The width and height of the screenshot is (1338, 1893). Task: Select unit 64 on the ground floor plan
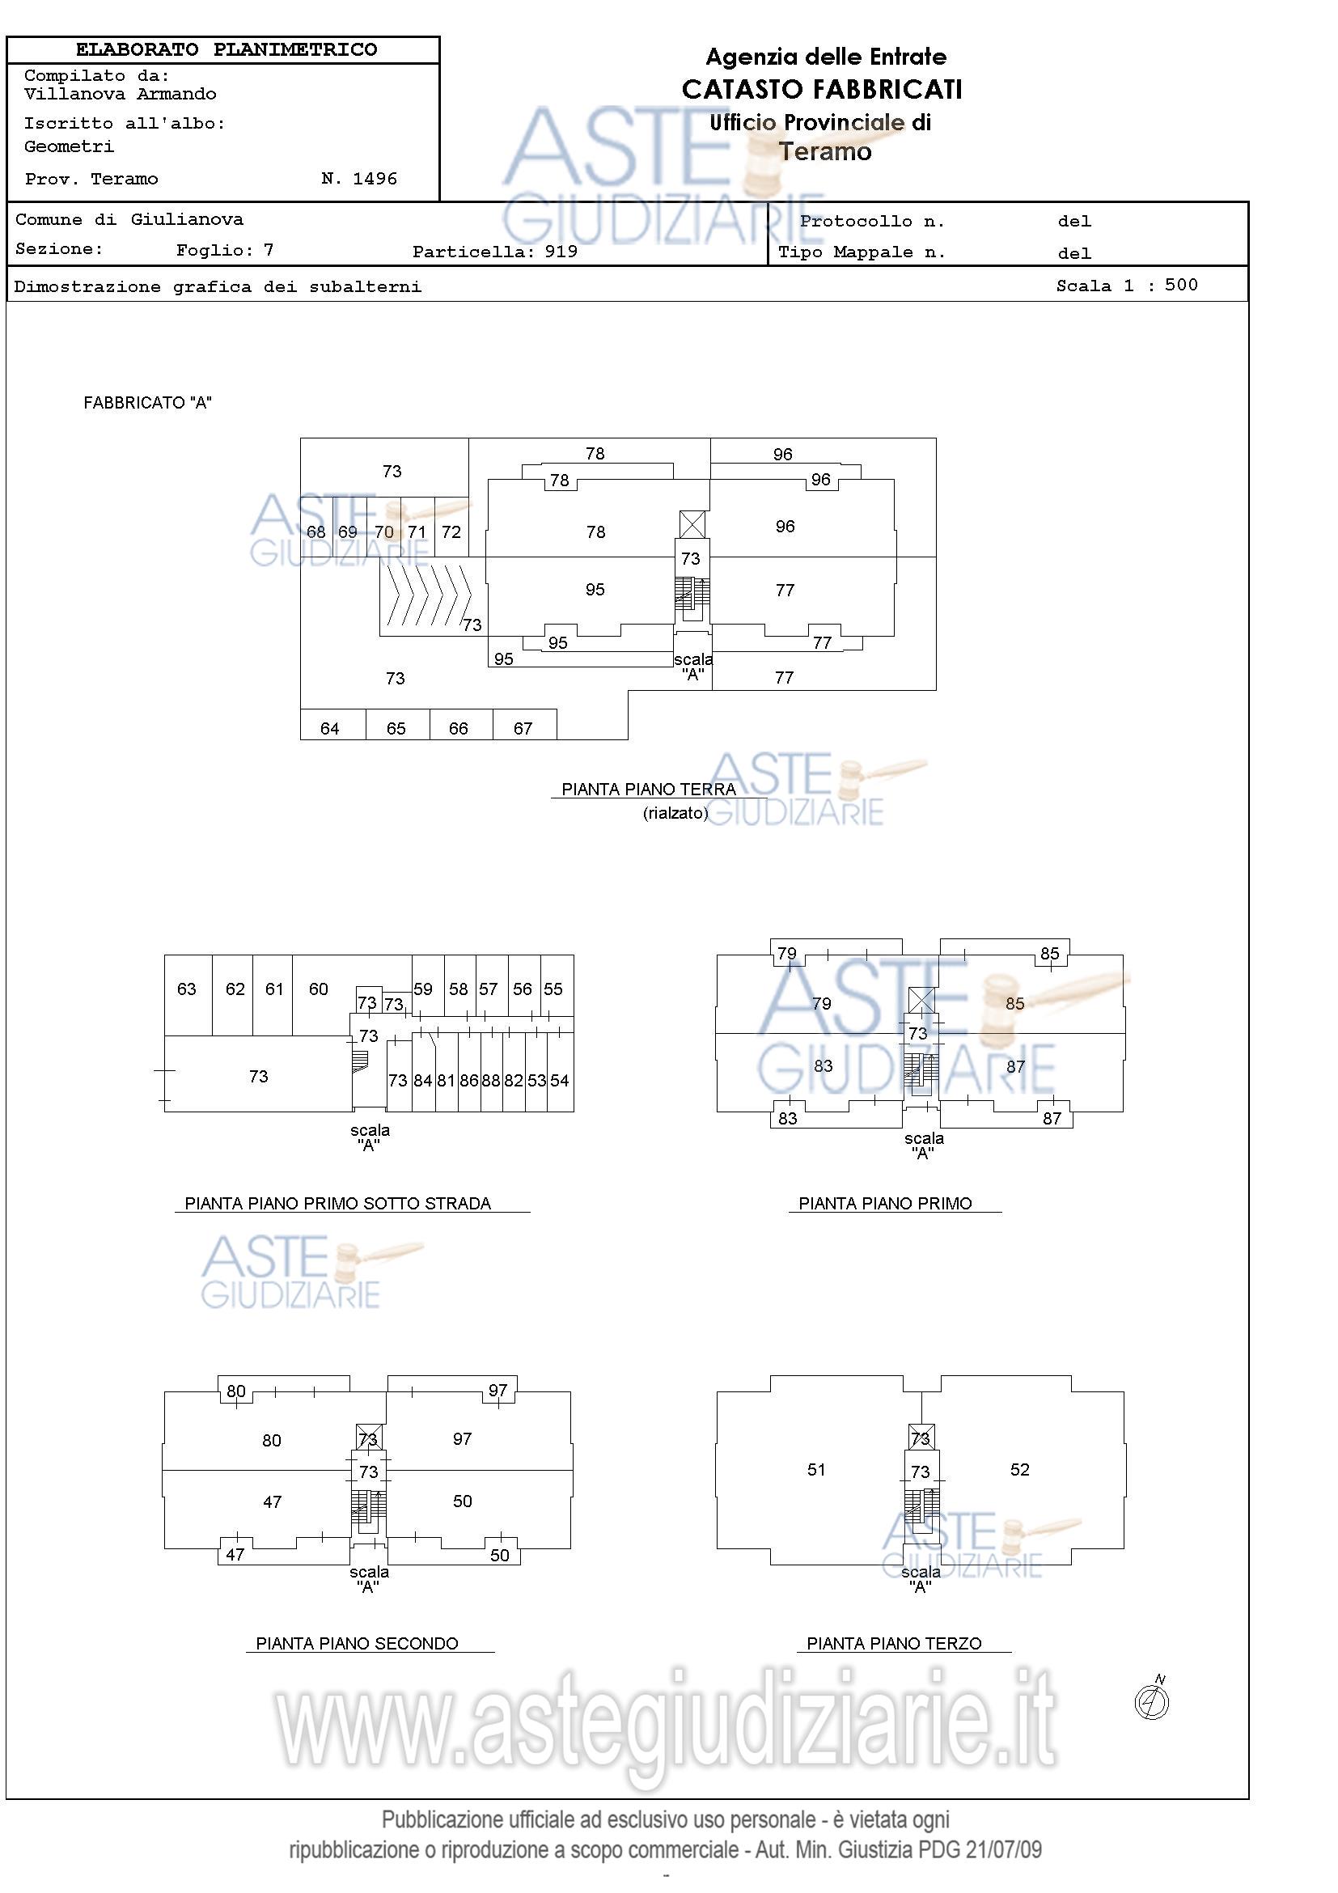pos(332,725)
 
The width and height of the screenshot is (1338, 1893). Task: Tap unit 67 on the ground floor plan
pos(524,725)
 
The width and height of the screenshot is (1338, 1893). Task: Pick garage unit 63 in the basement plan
pos(188,995)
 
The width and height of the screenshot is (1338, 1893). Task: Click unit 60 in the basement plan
pos(323,995)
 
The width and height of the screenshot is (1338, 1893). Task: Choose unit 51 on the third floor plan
pos(816,1469)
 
